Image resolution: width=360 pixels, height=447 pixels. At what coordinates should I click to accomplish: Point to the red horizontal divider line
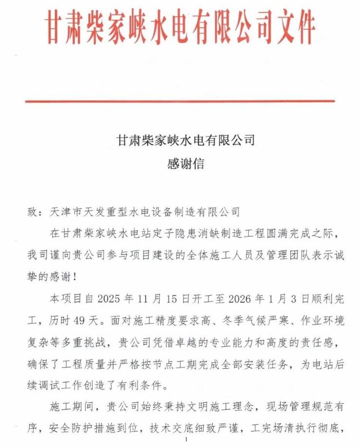coord(180,101)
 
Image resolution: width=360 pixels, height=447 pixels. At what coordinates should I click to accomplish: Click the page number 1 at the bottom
coord(186,439)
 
